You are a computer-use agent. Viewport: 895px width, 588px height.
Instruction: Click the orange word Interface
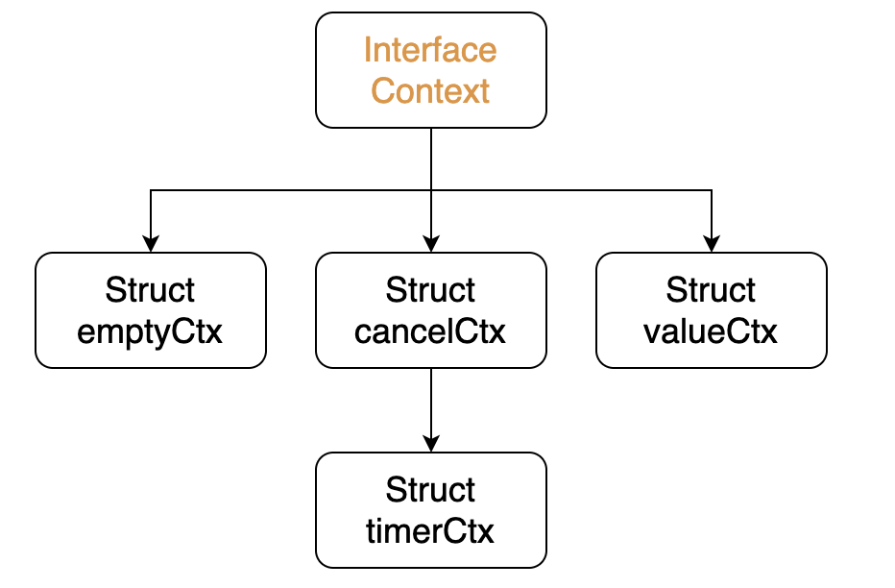coord(430,50)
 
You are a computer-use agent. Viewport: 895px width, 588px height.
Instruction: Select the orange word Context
coord(430,90)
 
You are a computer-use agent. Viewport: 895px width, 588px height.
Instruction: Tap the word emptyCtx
coord(150,332)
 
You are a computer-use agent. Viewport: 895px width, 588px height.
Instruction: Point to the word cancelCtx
coord(430,331)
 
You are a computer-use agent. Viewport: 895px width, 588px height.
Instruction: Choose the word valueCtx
coord(710,331)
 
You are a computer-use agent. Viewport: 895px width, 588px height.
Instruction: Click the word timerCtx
coord(430,531)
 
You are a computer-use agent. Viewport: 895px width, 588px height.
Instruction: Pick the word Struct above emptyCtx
coord(150,290)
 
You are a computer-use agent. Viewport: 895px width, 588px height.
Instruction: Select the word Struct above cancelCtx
coord(430,290)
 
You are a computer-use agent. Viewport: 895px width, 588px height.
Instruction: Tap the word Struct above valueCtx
coord(711,290)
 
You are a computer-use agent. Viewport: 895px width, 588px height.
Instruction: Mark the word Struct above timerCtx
coord(430,490)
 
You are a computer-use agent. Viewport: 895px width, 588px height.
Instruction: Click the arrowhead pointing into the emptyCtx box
coord(151,244)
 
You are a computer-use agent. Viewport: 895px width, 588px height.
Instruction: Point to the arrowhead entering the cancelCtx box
coord(431,244)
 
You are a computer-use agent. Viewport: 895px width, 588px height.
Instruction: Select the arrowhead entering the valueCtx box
coord(712,244)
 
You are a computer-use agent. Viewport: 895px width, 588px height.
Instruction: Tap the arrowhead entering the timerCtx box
coord(431,444)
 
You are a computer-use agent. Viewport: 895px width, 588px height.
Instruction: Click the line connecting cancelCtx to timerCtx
coord(431,403)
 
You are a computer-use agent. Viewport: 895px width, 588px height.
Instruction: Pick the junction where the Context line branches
coord(431,190)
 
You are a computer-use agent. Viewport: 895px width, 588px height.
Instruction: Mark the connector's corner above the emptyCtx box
coord(151,190)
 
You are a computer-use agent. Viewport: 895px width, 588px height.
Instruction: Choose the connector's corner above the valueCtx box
coord(712,190)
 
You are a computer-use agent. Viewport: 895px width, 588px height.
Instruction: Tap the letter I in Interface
coord(368,50)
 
